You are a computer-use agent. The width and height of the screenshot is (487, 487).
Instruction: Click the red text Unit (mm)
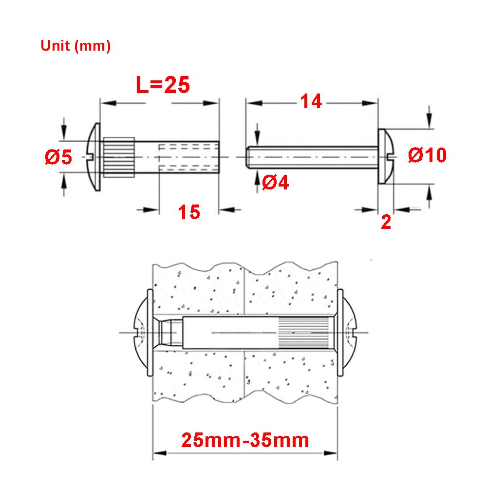click(75, 46)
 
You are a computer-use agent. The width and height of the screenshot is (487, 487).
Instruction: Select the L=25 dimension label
click(163, 85)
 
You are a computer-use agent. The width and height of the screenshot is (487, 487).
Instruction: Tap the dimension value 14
click(311, 101)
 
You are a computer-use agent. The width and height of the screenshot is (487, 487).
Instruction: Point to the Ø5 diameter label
click(58, 157)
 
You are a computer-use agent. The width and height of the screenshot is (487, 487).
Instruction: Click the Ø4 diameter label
click(276, 182)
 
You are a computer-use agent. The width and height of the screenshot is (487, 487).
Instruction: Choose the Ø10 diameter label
click(428, 155)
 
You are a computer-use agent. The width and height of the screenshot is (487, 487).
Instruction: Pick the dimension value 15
click(189, 212)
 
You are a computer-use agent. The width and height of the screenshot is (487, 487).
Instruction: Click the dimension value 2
click(386, 223)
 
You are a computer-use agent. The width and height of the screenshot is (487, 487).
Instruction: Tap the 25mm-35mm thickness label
click(245, 440)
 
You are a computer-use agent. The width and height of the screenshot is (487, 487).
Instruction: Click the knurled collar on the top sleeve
click(119, 157)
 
